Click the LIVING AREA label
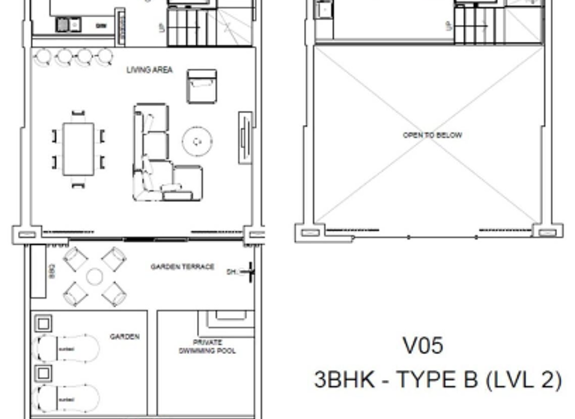(x=149, y=70)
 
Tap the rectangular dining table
(x=78, y=149)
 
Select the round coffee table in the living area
(x=198, y=140)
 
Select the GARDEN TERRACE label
(x=182, y=266)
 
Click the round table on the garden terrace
(x=94, y=277)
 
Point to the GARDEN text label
(x=124, y=337)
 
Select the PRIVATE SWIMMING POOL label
(x=207, y=346)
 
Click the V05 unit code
(x=423, y=346)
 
